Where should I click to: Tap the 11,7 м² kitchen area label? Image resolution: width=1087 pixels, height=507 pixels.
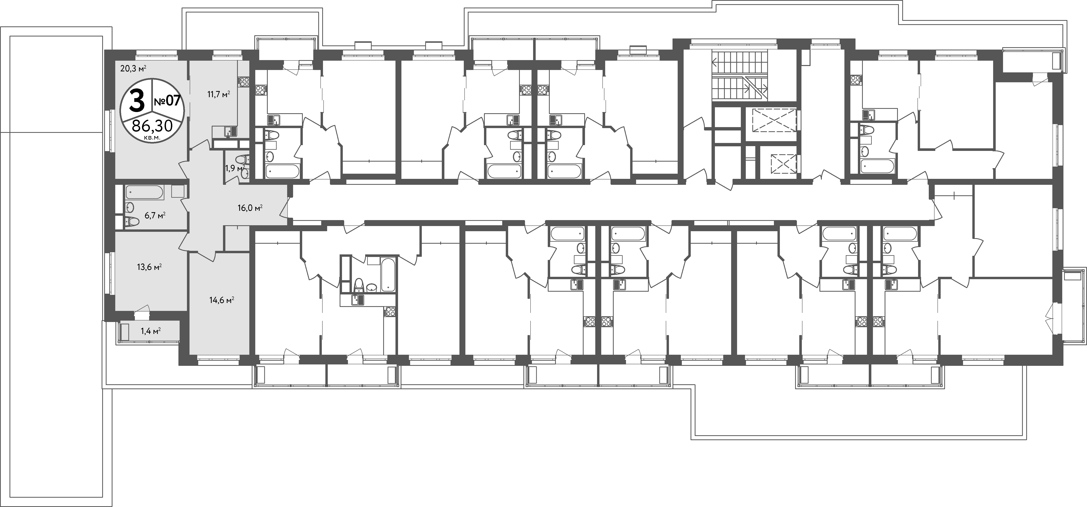click(218, 95)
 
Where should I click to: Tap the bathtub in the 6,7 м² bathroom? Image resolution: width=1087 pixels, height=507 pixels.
click(144, 193)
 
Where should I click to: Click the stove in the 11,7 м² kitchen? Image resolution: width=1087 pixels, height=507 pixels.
click(244, 81)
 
